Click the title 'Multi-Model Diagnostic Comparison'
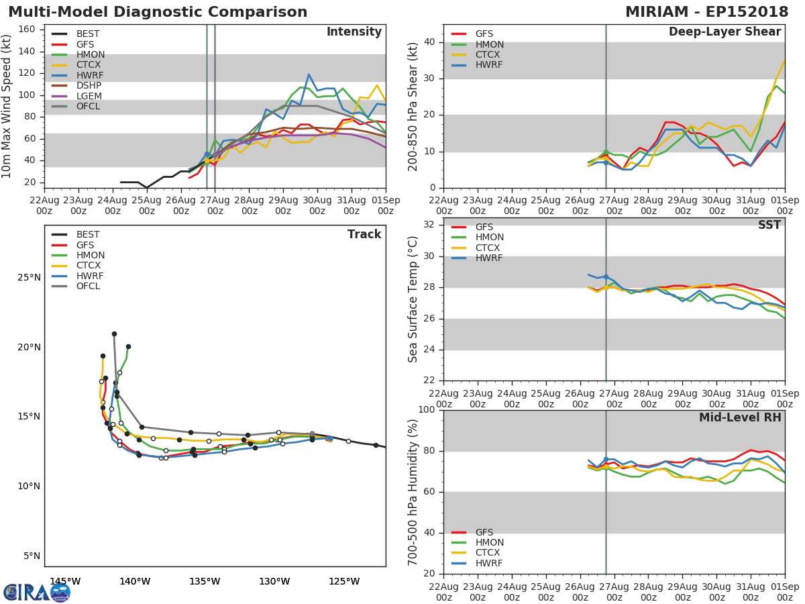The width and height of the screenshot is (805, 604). tap(158, 12)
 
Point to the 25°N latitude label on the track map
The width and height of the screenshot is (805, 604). tap(29, 277)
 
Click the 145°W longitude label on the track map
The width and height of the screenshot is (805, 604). tap(65, 581)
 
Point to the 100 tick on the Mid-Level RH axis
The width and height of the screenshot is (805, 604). tap(426, 410)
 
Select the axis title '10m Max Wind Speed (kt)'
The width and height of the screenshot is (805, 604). tap(7, 107)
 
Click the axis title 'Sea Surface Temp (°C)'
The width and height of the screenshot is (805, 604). tap(413, 299)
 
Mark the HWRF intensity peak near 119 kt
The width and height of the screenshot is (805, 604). tap(309, 74)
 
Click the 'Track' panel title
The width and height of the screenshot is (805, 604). tap(364, 234)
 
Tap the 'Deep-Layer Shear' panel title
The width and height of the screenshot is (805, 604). tap(724, 32)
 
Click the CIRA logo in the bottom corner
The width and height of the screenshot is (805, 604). tap(37, 592)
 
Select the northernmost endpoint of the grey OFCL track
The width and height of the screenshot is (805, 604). tap(114, 334)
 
